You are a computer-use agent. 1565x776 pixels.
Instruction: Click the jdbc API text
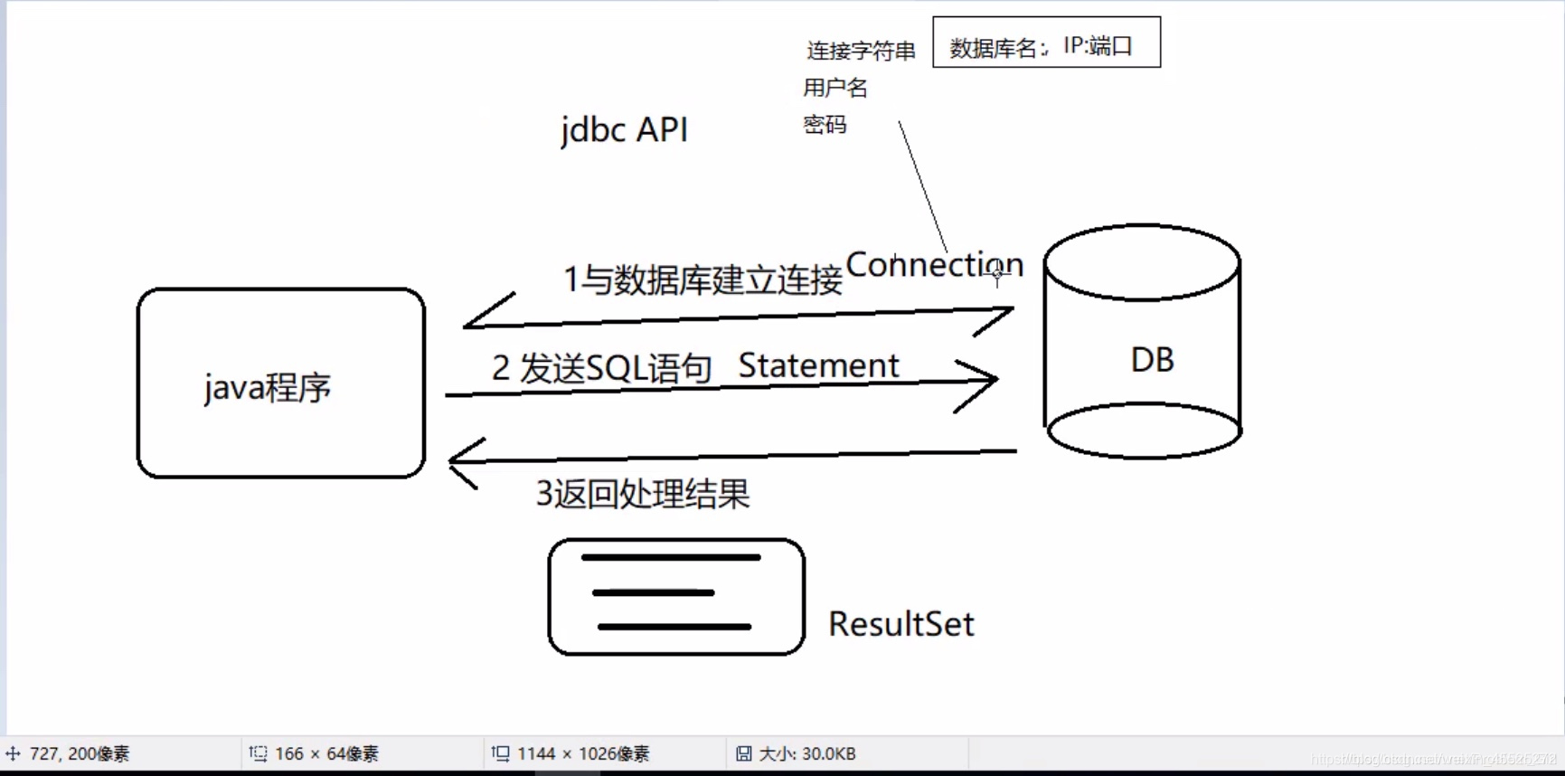pos(624,130)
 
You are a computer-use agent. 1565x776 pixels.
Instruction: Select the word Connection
pos(933,264)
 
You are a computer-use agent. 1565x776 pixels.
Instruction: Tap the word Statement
pos(818,365)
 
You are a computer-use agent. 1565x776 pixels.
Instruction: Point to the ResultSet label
pos(900,624)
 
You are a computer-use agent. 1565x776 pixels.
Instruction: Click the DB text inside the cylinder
pos(1152,360)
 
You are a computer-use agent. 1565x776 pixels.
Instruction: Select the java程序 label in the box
pos(268,388)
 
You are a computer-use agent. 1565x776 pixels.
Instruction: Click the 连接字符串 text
pos(861,51)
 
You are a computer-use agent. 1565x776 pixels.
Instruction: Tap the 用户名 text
pos(835,88)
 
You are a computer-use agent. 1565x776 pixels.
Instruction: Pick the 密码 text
pos(825,125)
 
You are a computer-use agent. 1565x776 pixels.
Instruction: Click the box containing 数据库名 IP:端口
pos(1046,43)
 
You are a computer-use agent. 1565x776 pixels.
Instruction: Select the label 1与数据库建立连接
pos(702,280)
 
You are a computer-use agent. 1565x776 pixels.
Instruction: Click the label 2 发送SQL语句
pos(601,368)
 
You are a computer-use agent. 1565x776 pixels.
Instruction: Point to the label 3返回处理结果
pos(643,494)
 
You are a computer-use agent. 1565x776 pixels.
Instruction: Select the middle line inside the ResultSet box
pos(653,593)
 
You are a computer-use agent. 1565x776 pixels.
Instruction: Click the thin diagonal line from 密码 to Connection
pos(922,185)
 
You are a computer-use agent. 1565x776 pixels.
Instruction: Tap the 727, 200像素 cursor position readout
pos(79,753)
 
